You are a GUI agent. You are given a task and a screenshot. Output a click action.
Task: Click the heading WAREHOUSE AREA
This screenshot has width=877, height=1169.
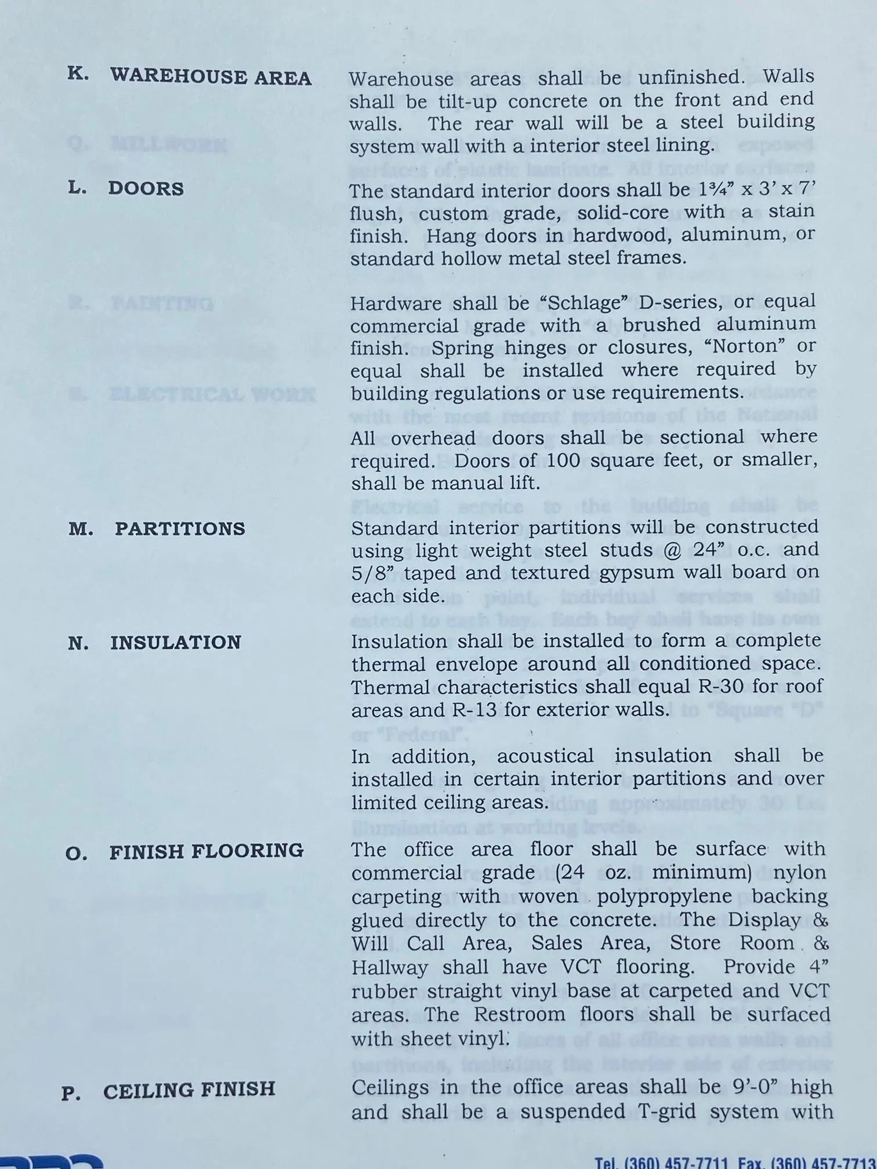(x=211, y=77)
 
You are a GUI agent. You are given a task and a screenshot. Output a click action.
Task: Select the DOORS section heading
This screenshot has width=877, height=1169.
(x=146, y=188)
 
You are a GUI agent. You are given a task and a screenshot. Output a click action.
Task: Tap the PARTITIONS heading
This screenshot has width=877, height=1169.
(x=180, y=528)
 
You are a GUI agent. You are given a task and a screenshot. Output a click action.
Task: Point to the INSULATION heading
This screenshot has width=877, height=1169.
(x=176, y=642)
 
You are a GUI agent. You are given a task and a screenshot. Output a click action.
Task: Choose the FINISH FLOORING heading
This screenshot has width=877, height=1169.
(x=206, y=851)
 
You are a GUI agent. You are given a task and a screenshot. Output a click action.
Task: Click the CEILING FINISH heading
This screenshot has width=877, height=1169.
(x=189, y=1091)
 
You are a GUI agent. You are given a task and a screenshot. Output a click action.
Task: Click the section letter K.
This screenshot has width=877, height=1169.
(x=78, y=74)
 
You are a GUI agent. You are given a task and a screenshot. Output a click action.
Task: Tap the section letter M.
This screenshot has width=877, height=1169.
(x=81, y=529)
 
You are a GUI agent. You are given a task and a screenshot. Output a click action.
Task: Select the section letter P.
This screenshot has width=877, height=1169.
(x=71, y=1094)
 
